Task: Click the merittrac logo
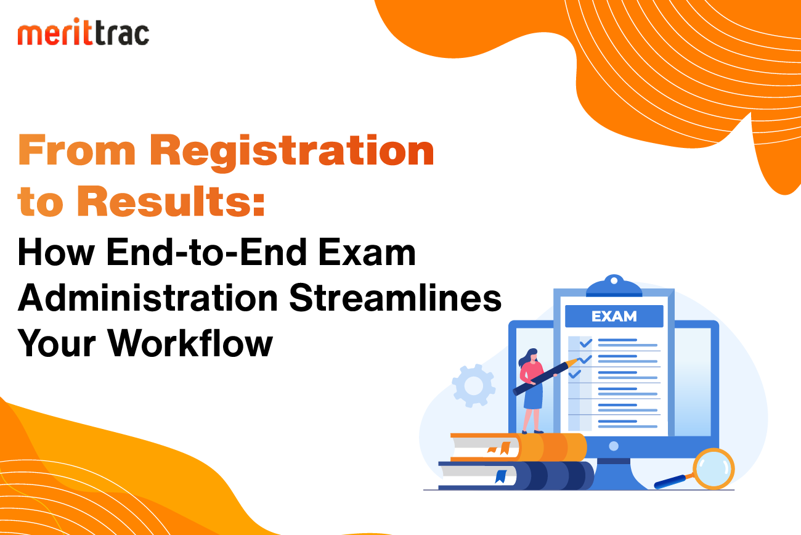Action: (x=83, y=31)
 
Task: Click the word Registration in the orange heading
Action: (x=292, y=152)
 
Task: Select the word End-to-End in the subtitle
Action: (x=206, y=252)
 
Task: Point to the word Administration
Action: (x=148, y=298)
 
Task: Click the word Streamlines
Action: (x=395, y=298)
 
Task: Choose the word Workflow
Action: (x=190, y=343)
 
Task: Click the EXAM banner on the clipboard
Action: (x=614, y=316)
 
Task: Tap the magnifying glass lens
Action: (x=714, y=468)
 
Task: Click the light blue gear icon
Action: (x=473, y=385)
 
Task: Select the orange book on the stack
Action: (x=518, y=447)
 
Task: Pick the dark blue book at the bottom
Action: (x=516, y=476)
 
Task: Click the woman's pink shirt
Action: (x=532, y=372)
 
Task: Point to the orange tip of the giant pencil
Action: (x=573, y=362)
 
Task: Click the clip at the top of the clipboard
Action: (x=614, y=286)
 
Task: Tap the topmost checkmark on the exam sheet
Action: (x=586, y=343)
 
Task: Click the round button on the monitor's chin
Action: (x=614, y=446)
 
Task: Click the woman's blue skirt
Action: (x=533, y=396)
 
